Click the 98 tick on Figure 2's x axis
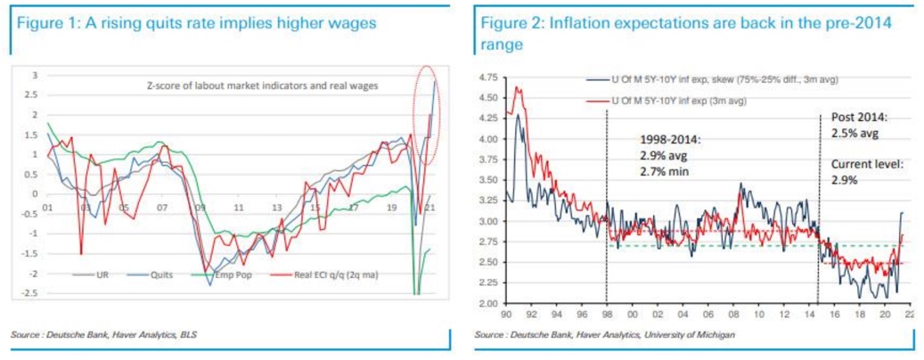(x=607, y=314)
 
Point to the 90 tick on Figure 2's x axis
(x=506, y=314)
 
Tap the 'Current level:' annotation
(x=864, y=165)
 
